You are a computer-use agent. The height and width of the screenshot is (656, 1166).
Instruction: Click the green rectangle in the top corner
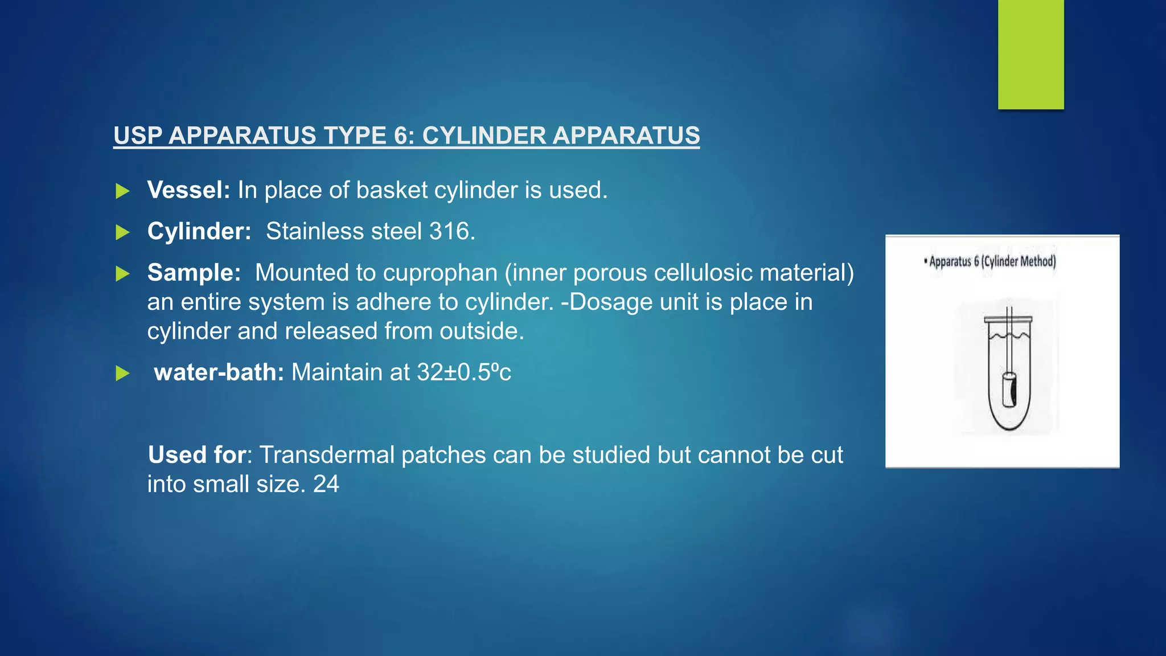(1030, 54)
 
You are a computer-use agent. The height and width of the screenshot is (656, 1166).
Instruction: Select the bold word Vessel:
(188, 190)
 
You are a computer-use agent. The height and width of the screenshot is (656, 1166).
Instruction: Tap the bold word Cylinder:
(199, 231)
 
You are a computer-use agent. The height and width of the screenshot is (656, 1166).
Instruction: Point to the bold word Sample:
(194, 273)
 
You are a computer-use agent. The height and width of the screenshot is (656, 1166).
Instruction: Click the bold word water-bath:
(219, 372)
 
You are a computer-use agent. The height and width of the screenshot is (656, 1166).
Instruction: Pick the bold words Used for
(197, 455)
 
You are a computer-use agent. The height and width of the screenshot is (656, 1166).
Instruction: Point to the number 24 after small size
(326, 485)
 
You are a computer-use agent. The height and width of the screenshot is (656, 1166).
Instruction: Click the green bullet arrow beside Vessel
(122, 191)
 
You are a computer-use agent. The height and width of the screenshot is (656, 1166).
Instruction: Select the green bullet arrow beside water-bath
(122, 374)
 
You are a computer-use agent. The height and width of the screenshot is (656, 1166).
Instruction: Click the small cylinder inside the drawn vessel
(1009, 390)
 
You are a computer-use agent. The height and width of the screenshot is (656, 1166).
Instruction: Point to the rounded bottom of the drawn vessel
(1009, 424)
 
